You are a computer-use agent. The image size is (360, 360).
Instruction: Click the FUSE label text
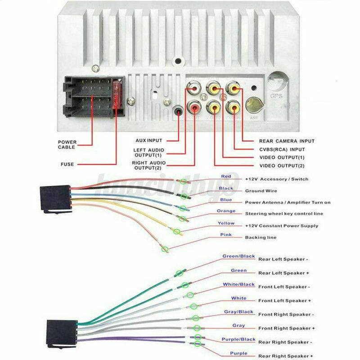(x=67, y=164)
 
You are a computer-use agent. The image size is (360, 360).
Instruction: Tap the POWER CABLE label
(x=67, y=144)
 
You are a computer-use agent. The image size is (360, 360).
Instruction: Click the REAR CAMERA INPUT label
(x=287, y=141)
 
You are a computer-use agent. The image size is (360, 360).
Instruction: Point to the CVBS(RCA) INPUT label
(x=282, y=149)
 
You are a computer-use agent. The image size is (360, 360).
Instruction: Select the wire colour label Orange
(x=226, y=211)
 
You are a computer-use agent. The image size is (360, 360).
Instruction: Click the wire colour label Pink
(x=226, y=235)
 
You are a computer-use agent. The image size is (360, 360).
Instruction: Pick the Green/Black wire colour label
(x=238, y=256)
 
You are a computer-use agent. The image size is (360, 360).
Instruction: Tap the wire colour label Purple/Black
(x=238, y=339)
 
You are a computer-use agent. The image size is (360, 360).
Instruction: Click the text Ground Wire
(x=261, y=191)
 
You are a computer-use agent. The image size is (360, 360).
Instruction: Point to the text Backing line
(x=261, y=237)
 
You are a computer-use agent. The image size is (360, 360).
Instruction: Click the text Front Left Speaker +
(x=284, y=301)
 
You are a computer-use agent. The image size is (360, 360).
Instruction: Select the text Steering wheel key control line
(x=287, y=214)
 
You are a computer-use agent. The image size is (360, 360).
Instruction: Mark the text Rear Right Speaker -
(x=284, y=342)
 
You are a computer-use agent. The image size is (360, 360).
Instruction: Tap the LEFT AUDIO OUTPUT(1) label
(x=148, y=153)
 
